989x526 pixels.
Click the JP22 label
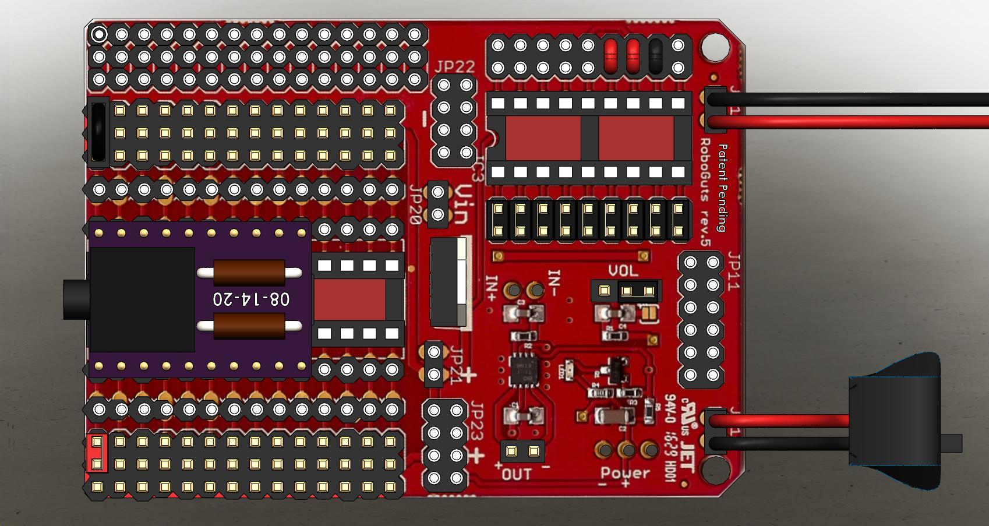point(454,66)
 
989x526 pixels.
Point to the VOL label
point(623,271)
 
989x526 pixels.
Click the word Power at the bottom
point(625,473)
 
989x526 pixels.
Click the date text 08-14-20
point(251,299)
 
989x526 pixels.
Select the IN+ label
point(491,289)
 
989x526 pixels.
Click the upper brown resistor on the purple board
point(249,272)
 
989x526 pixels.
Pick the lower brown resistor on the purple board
point(249,326)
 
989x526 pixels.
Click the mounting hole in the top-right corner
point(715,48)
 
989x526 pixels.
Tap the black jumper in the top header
point(655,56)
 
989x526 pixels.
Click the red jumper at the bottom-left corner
point(97,453)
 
